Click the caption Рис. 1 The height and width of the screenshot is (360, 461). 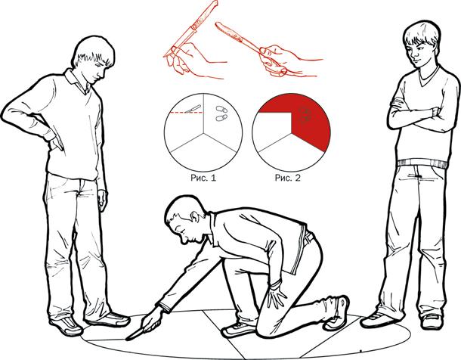pyautogui.click(x=203, y=178)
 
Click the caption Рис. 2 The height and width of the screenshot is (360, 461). pyautogui.click(x=288, y=178)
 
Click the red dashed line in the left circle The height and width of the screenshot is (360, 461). pyautogui.click(x=187, y=113)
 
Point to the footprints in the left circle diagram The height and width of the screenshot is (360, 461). pyautogui.click(x=221, y=113)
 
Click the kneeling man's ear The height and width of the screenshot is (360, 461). pyautogui.click(x=194, y=217)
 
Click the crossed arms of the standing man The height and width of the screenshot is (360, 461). pyautogui.click(x=417, y=116)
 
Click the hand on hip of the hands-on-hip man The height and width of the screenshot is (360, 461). pyautogui.click(x=56, y=141)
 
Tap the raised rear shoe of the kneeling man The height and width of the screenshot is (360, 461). pyautogui.click(x=338, y=312)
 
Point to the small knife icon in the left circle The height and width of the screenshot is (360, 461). pyautogui.click(x=193, y=109)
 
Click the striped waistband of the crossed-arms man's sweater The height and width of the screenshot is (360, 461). pyautogui.click(x=422, y=163)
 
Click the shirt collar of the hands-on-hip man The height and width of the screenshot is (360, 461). pyautogui.click(x=78, y=81)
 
